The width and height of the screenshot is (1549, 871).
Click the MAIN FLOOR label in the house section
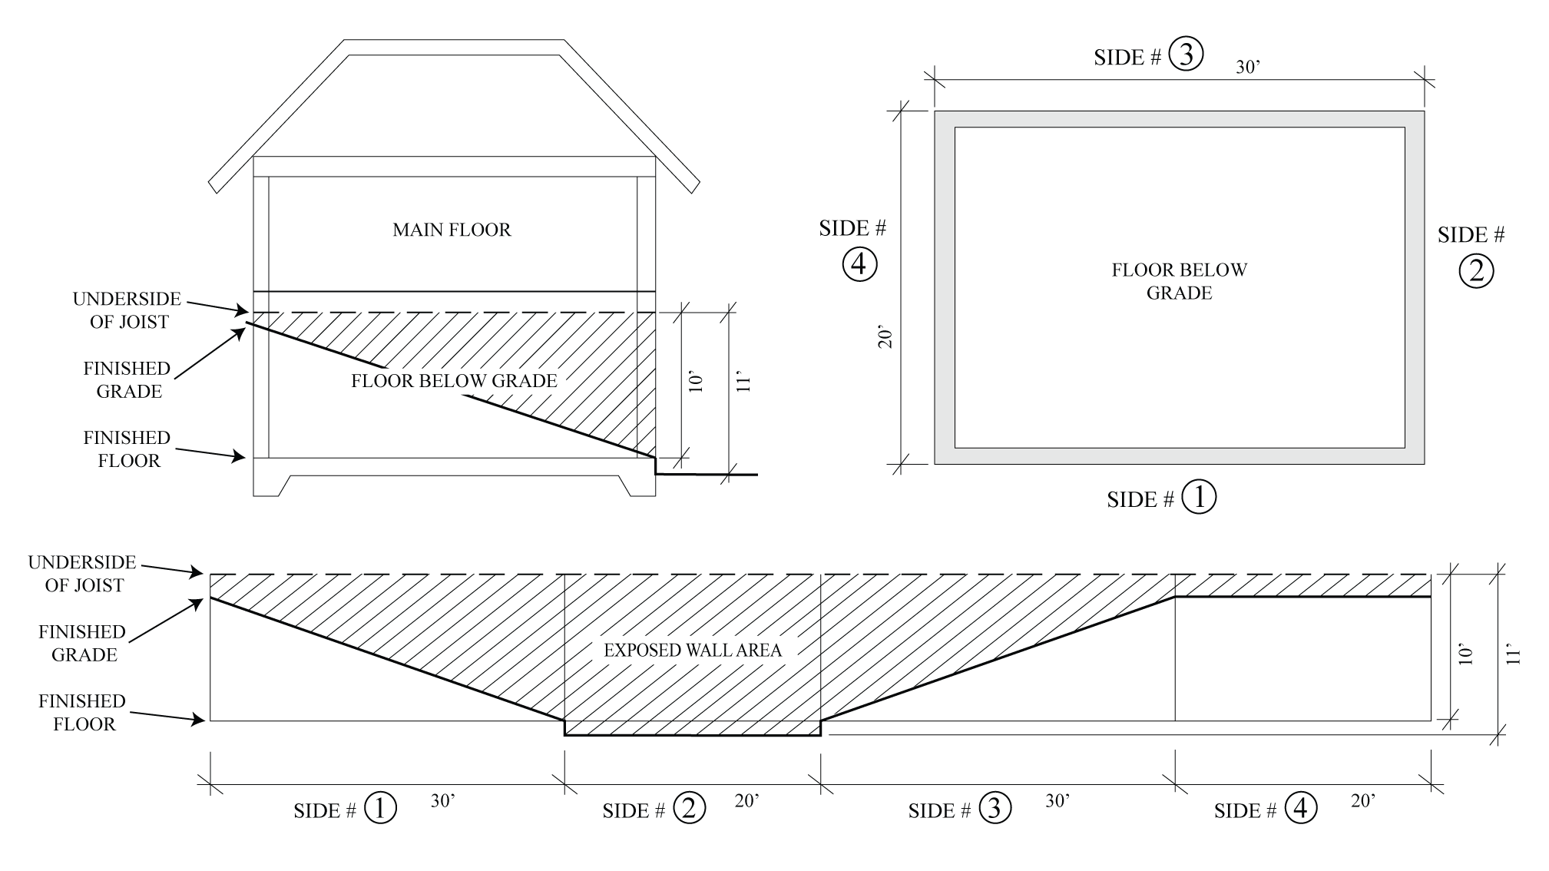(452, 230)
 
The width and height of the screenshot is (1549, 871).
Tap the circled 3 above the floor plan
(1186, 55)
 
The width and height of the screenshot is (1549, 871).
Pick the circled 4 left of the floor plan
(859, 264)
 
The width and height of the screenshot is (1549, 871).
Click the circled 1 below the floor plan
(1199, 497)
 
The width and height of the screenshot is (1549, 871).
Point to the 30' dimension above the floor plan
(1248, 68)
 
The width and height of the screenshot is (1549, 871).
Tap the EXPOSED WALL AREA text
(693, 651)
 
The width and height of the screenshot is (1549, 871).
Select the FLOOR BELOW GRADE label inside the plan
(1179, 281)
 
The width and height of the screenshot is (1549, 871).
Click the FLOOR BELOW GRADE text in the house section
(454, 381)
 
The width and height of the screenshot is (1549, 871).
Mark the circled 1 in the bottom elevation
(380, 808)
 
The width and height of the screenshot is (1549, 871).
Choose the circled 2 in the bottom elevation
(689, 808)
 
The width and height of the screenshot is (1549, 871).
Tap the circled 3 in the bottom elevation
(995, 808)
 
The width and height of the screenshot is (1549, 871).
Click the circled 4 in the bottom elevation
(1300, 808)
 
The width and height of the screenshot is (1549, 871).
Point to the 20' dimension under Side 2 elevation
(746, 801)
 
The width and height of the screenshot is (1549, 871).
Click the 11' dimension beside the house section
(743, 383)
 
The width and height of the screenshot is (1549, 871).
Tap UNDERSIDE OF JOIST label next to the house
(127, 310)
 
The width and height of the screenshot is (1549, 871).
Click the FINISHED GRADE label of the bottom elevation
(83, 644)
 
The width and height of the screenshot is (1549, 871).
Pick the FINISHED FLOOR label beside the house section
(127, 449)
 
